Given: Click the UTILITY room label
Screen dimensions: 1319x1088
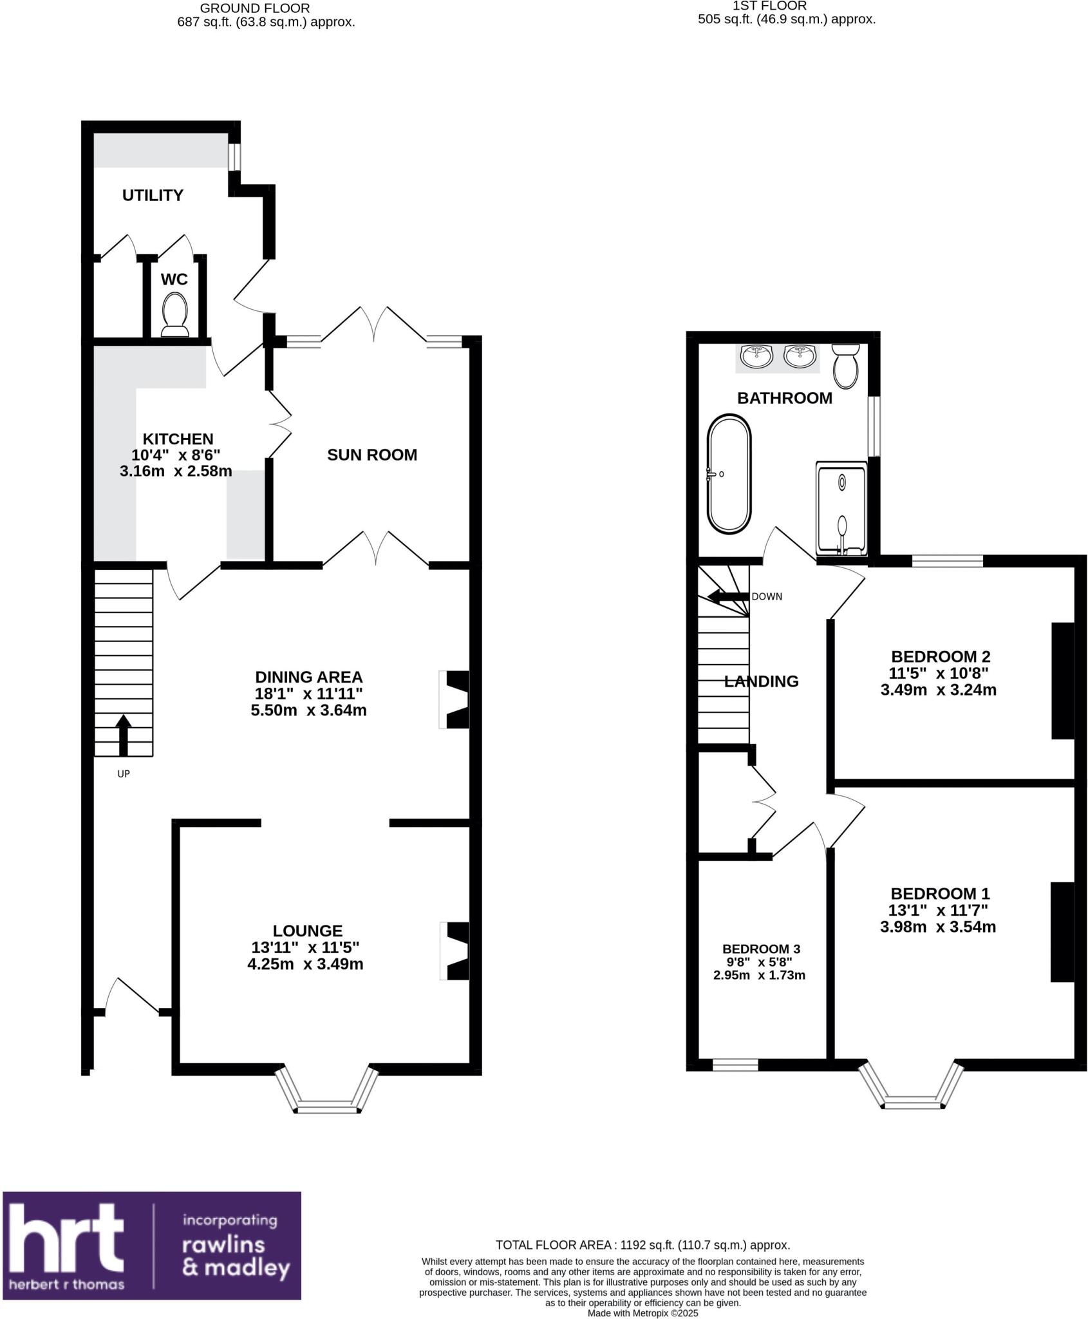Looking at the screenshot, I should click(153, 195).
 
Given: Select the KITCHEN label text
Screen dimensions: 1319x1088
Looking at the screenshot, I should click(178, 439).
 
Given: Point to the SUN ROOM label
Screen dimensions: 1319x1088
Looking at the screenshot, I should click(372, 455).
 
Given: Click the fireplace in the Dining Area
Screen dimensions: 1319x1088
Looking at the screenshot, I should click(455, 700).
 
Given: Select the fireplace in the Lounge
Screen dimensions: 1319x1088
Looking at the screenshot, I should click(456, 951).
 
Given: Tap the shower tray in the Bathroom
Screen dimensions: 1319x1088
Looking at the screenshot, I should click(841, 508).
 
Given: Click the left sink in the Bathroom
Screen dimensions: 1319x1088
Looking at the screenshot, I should click(757, 356).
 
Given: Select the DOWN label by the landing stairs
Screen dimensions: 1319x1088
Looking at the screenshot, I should click(767, 597).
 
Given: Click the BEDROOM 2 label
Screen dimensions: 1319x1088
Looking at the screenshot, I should click(940, 657).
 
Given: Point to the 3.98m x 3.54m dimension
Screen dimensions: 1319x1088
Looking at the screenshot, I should click(938, 927).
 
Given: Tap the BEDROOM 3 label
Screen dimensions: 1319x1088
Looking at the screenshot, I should click(761, 949).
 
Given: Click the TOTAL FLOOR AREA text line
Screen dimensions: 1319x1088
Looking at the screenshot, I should click(642, 1246).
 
